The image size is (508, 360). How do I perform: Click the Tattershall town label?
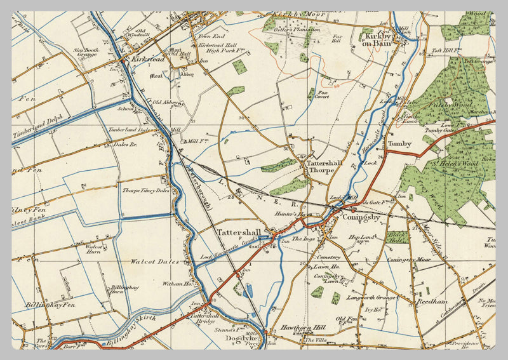239,231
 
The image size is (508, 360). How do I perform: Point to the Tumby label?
400,143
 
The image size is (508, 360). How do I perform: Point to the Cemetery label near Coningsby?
328,257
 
